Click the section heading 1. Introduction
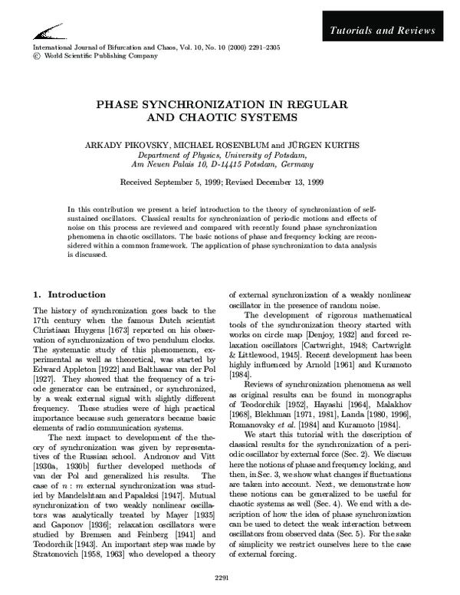[70, 294]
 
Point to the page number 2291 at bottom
[229, 576]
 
